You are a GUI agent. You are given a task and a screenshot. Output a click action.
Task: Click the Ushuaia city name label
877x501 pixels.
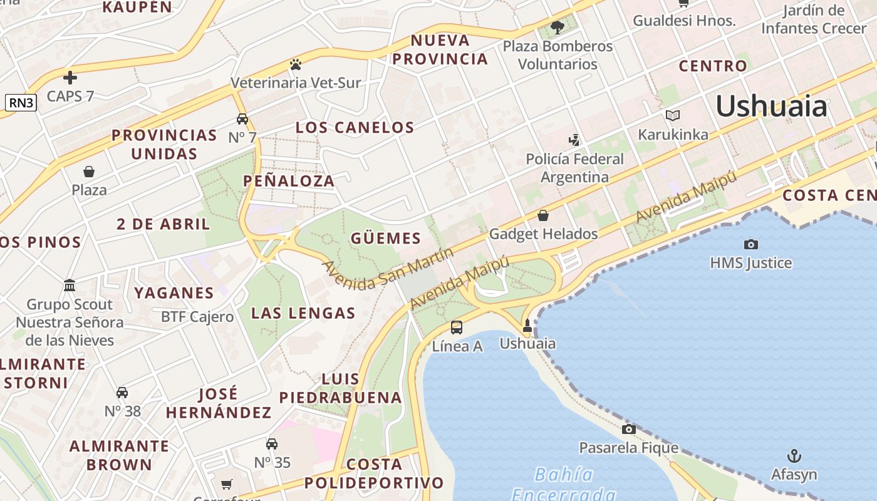pos(771,106)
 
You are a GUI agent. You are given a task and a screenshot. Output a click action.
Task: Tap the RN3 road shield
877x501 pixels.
pos(21,103)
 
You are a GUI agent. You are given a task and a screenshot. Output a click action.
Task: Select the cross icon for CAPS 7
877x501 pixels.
pos(70,78)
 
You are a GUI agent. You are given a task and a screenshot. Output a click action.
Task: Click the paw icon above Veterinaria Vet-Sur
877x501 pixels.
pos(296,65)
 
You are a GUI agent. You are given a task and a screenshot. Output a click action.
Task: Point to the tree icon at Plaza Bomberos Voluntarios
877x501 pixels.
pos(557,28)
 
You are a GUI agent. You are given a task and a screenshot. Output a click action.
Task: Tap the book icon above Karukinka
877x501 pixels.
pos(673,116)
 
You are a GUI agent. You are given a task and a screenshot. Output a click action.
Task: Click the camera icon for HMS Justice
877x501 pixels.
pos(750,244)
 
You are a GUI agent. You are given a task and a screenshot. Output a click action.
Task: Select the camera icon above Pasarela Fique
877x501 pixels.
pos(628,429)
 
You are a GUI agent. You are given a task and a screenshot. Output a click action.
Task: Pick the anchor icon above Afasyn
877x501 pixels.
pos(794,456)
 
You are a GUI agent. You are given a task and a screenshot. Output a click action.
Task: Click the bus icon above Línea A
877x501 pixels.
pos(457,327)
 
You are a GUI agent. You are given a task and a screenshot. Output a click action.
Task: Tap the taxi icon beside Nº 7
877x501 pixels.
pos(242,119)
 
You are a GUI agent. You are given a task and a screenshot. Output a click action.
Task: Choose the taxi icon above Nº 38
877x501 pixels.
pos(122,393)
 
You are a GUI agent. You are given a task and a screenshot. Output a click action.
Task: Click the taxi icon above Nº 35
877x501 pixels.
pos(272,444)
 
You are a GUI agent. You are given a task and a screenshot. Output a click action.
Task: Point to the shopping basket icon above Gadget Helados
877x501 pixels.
pos(543,215)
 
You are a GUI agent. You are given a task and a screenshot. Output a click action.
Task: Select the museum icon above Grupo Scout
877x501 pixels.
pos(70,286)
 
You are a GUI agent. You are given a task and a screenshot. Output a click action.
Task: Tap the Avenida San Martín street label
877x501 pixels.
pos(388,269)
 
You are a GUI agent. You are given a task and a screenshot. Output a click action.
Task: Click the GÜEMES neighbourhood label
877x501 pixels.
pos(386,238)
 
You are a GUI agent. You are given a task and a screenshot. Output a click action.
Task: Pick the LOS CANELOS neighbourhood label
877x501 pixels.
pos(355,128)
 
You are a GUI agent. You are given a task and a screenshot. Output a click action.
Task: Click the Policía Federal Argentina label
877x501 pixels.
pos(574,168)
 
